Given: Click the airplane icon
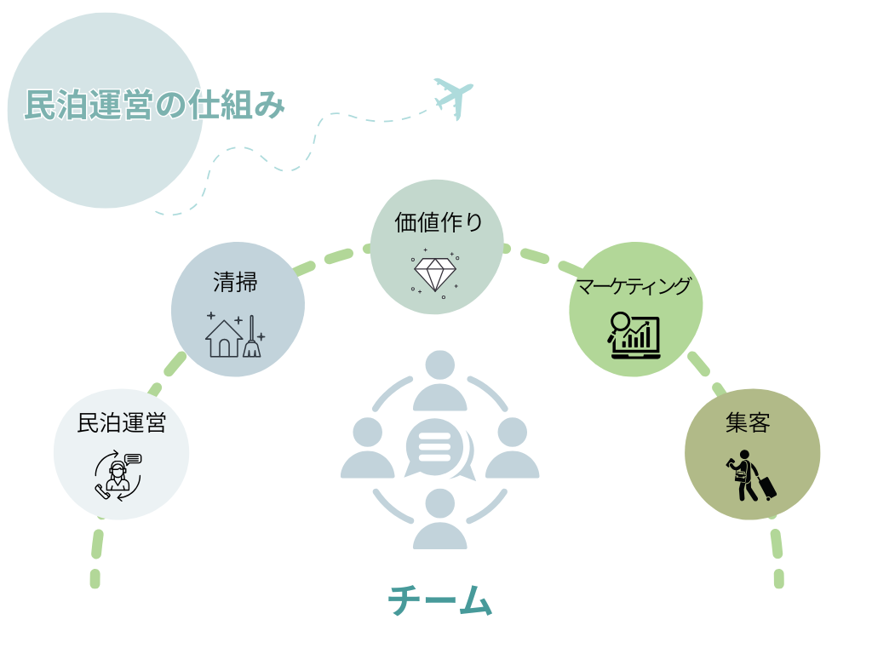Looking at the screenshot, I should [453, 97].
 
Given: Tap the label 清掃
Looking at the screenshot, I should [235, 282].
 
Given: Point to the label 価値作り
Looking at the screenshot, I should [438, 223].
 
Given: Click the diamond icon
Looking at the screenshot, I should [435, 273].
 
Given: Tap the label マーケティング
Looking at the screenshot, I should [634, 286].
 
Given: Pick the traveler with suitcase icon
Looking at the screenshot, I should [750, 475].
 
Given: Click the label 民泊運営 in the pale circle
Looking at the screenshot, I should [121, 423].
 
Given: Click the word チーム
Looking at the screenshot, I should [440, 601].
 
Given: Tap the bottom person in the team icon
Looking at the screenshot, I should [439, 519].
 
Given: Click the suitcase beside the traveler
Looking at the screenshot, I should [766, 487].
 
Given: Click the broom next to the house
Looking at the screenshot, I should [252, 339].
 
